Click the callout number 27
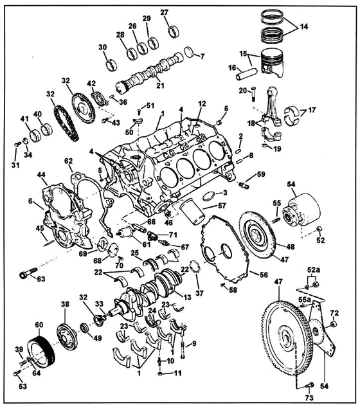pos(165,12)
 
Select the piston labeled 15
pos(272,63)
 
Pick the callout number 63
pos(41,279)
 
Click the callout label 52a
pos(314,270)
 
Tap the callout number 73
pos(309,397)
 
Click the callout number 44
pos(41,175)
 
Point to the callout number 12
pos(203,104)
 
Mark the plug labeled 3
pos(209,196)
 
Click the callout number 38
pos(65,305)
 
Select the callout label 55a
pos(305,300)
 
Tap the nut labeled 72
pos(334,324)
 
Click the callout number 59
pos(261,174)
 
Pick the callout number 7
pos(202,56)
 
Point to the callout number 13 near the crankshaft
pos(187,297)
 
